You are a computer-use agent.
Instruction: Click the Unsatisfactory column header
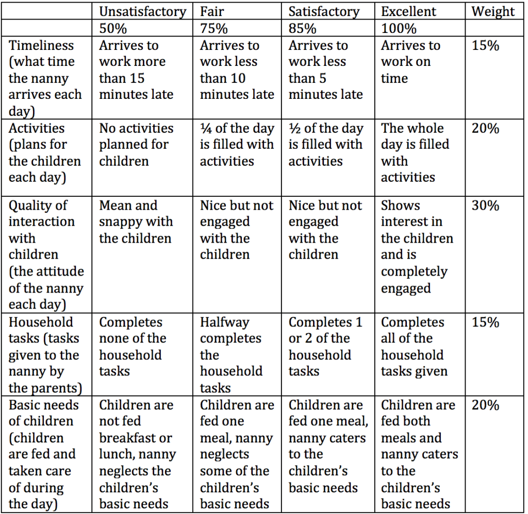(142, 11)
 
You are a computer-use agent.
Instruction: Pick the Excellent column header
(408, 11)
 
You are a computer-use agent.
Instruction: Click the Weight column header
(493, 11)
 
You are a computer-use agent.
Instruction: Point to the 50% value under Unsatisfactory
(113, 28)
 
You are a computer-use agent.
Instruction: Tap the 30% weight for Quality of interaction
(486, 205)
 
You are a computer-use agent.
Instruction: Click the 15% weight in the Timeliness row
(486, 45)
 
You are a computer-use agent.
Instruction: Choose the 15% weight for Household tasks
(486, 322)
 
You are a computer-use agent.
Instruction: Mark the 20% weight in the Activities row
(486, 128)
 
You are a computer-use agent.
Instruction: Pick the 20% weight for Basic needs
(486, 405)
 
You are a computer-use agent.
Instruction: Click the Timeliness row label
(42, 45)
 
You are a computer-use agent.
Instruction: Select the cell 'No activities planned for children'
(136, 144)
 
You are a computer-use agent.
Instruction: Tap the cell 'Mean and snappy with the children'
(136, 222)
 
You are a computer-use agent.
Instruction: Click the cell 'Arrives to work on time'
(410, 62)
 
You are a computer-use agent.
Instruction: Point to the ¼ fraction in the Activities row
(206, 128)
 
